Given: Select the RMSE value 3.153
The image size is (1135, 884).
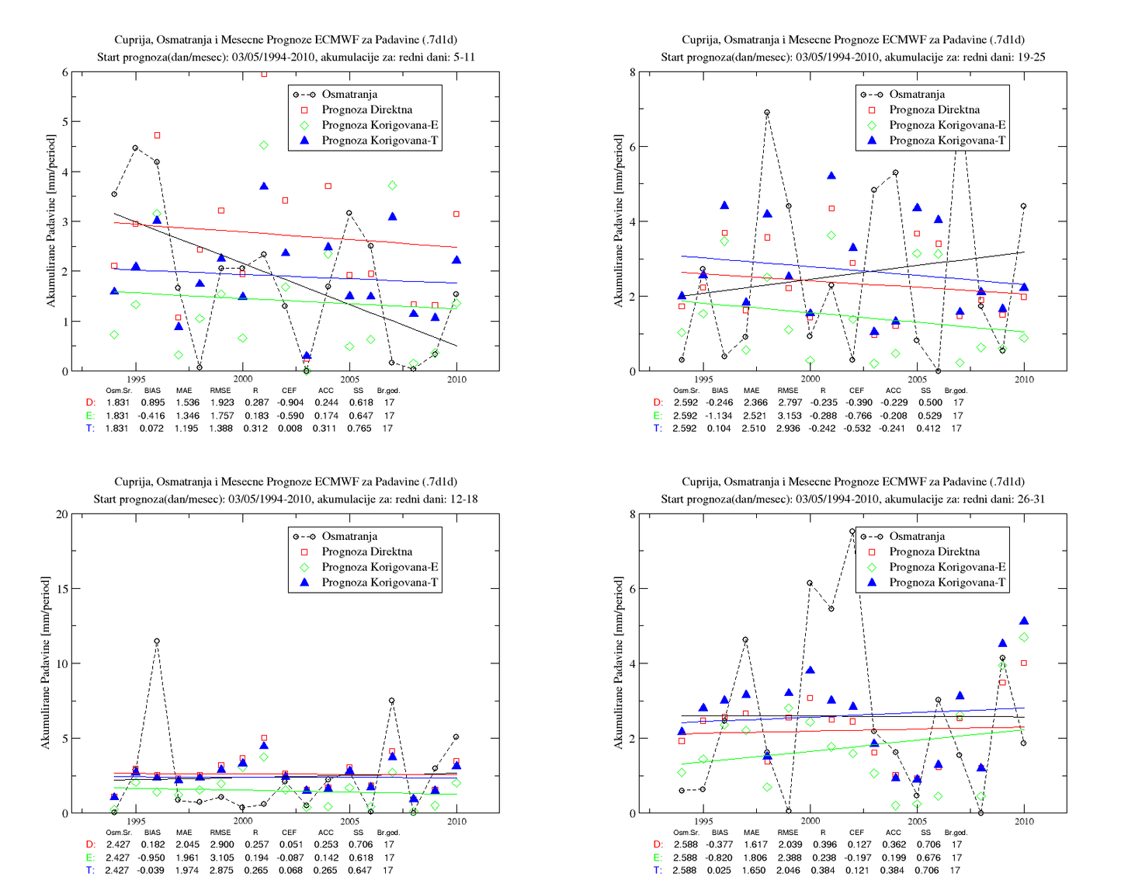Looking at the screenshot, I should (x=788, y=416).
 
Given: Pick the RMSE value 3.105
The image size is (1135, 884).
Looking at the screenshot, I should (x=221, y=858).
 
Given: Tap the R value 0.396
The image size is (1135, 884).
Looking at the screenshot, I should (x=824, y=844).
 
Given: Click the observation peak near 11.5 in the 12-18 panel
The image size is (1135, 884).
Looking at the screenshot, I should (x=157, y=641).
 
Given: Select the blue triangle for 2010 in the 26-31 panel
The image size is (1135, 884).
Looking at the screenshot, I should (x=1023, y=621).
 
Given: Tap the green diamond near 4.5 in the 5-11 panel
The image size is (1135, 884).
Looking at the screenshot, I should (x=264, y=145).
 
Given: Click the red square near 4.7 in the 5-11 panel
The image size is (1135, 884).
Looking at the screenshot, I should (x=157, y=135).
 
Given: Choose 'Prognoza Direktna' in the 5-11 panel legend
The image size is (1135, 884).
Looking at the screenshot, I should (x=366, y=110).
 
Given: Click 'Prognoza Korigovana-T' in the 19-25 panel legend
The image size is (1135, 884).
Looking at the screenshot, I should (x=947, y=141).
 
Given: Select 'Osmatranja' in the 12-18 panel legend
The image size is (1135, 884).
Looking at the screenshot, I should (x=349, y=536).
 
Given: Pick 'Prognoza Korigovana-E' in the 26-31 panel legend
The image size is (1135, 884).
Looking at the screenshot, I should (x=947, y=567).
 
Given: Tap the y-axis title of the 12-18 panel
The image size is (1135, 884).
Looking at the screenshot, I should (x=46, y=663).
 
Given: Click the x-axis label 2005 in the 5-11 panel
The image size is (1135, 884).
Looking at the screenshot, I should (x=349, y=380).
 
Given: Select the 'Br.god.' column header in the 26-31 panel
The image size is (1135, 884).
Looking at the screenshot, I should (x=956, y=833).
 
